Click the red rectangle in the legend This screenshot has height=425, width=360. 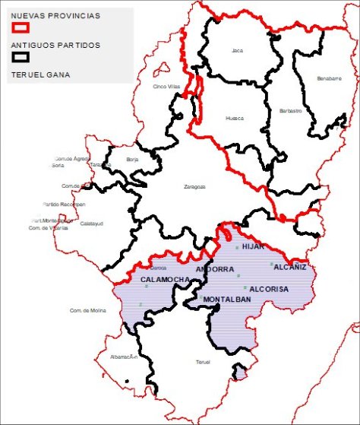21,27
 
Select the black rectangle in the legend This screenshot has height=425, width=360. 21,57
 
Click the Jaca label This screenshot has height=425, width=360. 238,51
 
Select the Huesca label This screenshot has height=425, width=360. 235,119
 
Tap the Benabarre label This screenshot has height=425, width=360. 329,78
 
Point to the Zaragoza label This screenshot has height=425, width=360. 195,186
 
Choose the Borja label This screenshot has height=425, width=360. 132,160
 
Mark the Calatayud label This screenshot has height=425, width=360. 91,224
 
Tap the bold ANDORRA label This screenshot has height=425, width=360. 215,270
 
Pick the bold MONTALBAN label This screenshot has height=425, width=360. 227,300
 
